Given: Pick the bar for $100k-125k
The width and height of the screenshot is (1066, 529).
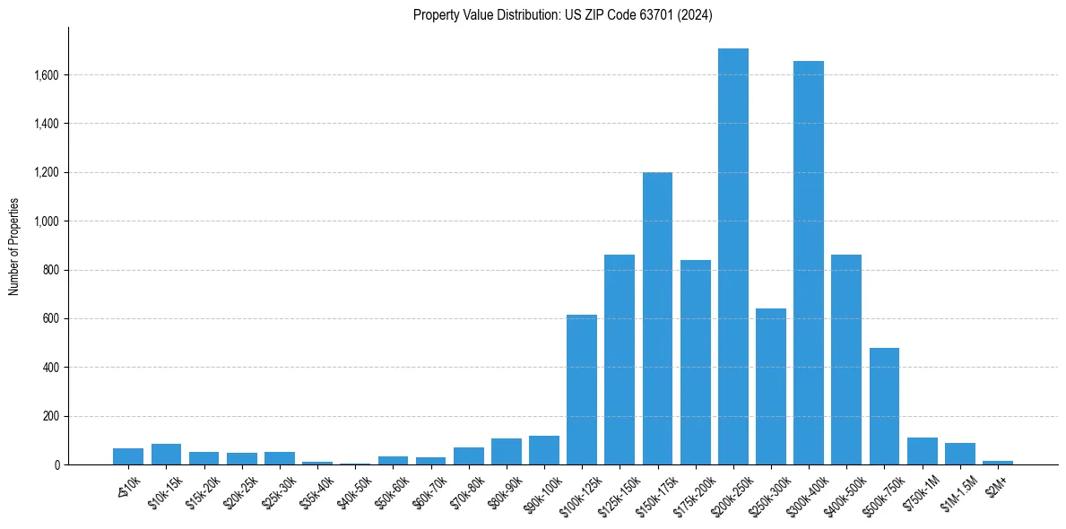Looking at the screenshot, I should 582,390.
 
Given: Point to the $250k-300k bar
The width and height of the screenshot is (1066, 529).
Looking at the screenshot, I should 771,386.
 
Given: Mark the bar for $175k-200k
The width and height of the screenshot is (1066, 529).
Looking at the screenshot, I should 695,362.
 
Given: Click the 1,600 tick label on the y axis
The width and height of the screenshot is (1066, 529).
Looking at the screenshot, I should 47,75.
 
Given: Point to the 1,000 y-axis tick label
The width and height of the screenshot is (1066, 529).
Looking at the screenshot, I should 47,221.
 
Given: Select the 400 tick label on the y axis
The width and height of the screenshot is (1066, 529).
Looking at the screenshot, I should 51,368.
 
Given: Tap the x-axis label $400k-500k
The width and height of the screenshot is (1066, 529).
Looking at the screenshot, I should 839,489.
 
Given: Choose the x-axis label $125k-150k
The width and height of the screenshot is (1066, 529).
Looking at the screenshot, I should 611,489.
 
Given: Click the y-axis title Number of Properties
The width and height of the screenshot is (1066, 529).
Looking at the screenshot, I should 13,247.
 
